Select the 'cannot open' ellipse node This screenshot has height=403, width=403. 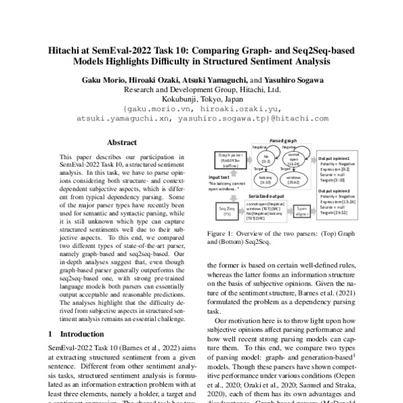293,159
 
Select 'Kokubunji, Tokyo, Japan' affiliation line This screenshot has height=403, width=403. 201,97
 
